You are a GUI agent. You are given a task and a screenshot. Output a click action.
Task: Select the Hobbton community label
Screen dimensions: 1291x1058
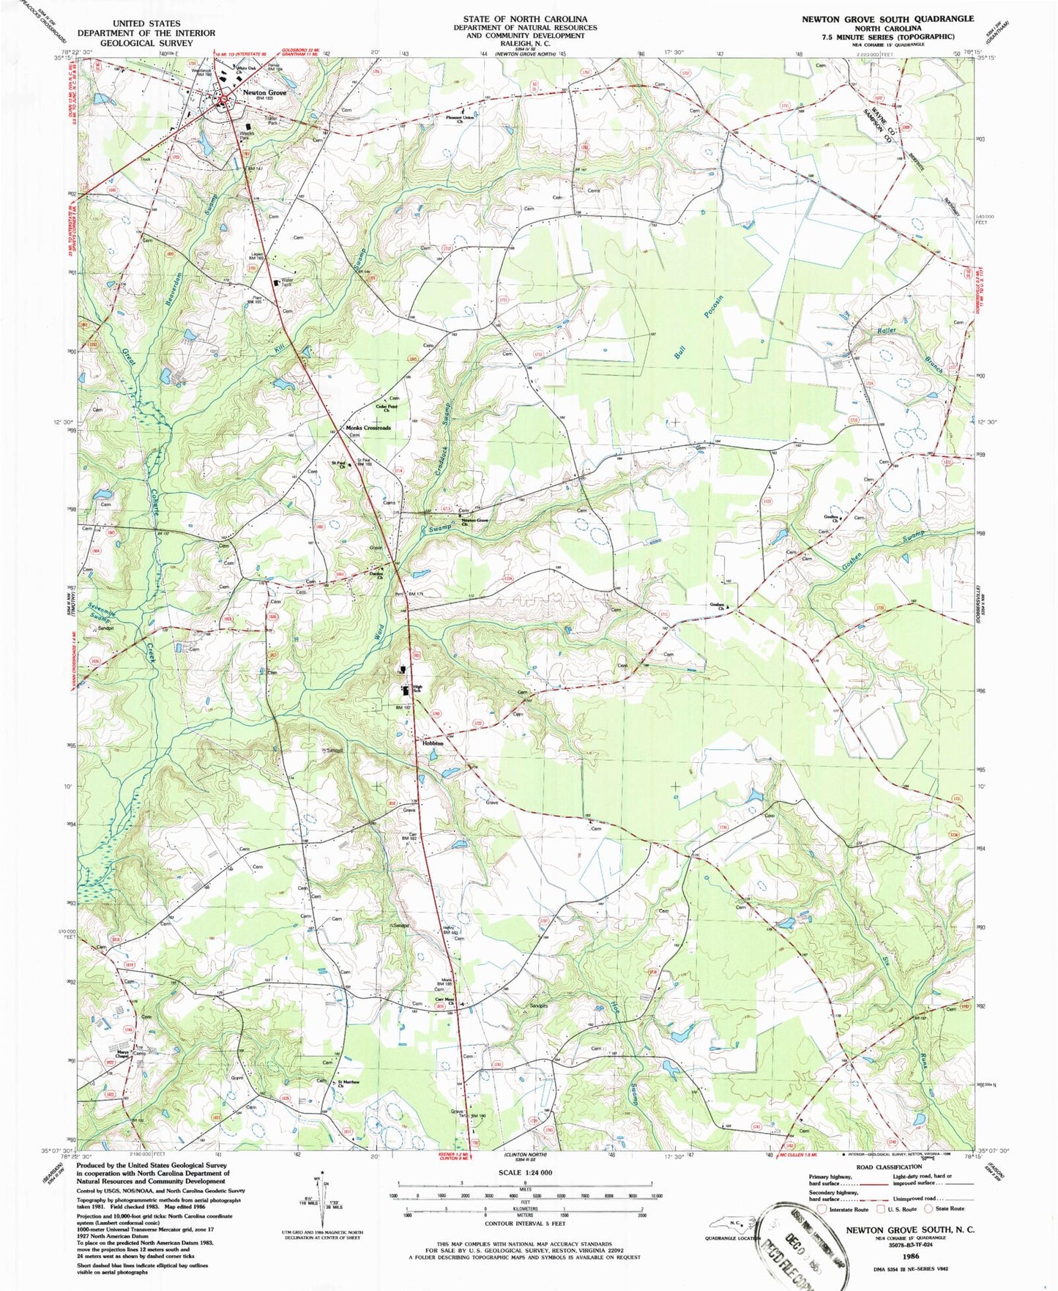[432, 742]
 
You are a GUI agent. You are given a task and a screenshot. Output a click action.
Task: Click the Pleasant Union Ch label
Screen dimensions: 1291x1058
[461, 119]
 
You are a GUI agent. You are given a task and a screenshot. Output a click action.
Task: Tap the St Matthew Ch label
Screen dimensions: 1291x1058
[350, 1083]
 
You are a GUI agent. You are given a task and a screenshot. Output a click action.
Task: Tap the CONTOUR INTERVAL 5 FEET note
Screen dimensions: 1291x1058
[524, 1224]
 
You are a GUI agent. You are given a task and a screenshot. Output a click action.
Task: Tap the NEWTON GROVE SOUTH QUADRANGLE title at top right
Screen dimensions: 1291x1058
[887, 18]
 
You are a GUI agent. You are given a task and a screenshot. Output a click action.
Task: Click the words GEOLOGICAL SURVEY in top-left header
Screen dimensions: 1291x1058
[146, 42]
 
